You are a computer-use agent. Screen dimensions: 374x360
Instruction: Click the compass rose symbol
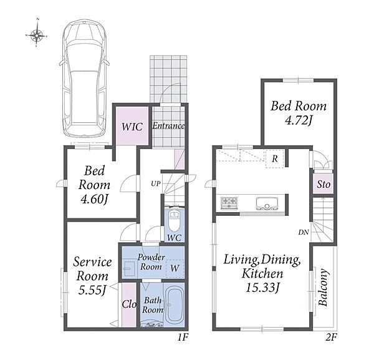(37, 36)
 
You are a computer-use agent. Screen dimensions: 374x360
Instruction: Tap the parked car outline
(84, 79)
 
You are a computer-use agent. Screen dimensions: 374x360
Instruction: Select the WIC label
(132, 127)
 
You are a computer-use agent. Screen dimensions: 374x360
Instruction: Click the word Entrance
(168, 126)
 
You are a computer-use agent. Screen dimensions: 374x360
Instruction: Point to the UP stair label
(155, 183)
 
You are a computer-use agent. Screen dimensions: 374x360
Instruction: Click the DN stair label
(304, 232)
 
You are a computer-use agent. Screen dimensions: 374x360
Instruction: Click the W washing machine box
(175, 268)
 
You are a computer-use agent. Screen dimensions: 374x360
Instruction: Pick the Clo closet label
(129, 304)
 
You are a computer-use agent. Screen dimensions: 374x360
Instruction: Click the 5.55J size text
(92, 290)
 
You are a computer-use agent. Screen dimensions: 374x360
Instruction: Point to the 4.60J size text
(95, 199)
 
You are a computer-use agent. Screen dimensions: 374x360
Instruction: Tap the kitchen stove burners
(229, 203)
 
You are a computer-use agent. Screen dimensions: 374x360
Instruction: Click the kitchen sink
(267, 203)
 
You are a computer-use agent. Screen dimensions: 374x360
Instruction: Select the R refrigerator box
(275, 158)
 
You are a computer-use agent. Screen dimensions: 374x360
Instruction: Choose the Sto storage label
(324, 184)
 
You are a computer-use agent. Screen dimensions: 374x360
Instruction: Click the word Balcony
(323, 288)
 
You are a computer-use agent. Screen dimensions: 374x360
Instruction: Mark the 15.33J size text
(262, 288)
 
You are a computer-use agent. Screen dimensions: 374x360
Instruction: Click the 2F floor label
(331, 338)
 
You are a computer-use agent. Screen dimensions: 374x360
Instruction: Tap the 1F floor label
(183, 338)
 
